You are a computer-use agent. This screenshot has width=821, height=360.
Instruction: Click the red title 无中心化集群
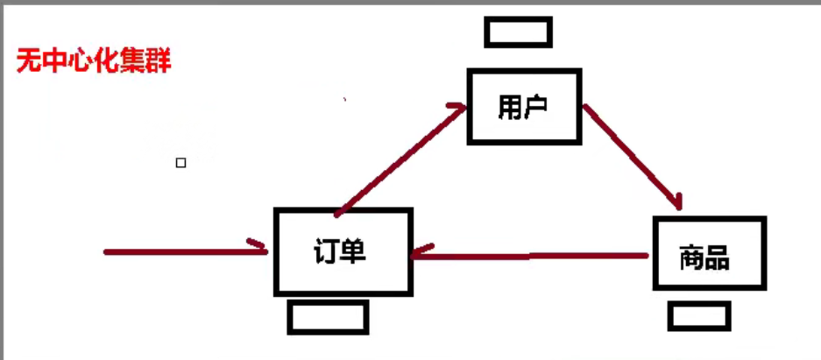(x=94, y=62)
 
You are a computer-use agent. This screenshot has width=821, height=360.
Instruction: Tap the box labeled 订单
(x=343, y=251)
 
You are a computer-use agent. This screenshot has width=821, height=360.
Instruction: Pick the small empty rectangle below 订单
(x=328, y=318)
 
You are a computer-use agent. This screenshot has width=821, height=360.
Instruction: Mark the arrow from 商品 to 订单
(x=530, y=256)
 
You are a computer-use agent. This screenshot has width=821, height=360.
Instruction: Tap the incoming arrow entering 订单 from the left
(x=184, y=252)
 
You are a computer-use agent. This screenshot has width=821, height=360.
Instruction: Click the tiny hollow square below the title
(x=181, y=163)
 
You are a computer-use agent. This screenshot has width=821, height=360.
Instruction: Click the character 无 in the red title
(x=28, y=62)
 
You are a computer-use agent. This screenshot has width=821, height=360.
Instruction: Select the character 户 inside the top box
(x=536, y=107)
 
